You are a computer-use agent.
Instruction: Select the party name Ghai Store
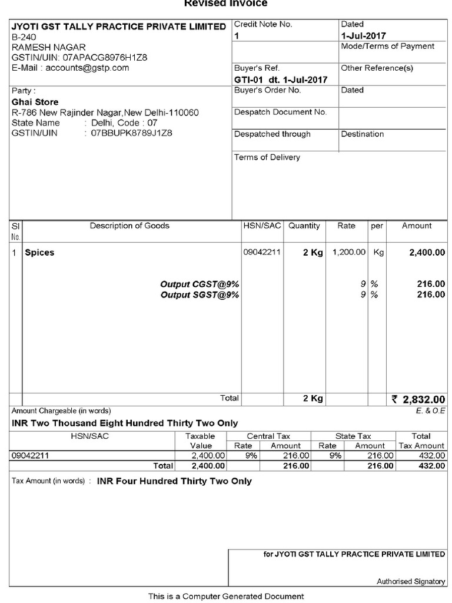35,102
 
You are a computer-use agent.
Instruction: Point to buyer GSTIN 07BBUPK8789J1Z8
131,134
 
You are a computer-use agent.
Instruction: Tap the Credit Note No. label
263,24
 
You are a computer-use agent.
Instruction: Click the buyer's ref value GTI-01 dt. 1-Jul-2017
281,79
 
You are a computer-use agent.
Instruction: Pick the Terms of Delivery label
267,157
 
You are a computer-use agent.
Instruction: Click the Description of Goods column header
129,226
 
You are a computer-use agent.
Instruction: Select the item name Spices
39,253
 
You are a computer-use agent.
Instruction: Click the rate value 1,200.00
349,252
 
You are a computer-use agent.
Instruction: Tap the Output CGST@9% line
200,284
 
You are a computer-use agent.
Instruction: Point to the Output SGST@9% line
200,294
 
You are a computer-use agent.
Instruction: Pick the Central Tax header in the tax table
268,436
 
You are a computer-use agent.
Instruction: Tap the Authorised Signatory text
411,582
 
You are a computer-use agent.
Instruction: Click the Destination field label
362,134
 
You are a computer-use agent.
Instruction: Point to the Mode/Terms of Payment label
387,46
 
